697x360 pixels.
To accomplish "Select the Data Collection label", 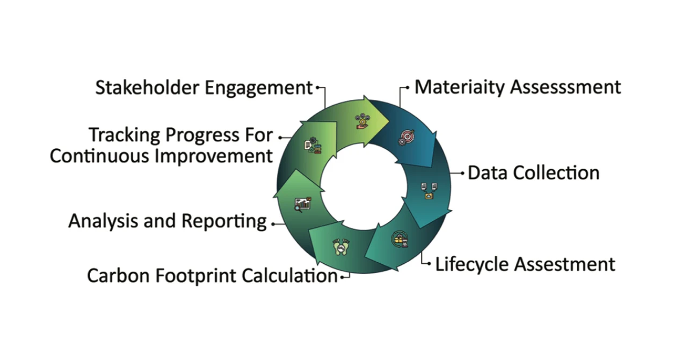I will click(533, 173).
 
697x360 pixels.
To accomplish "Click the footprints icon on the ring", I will click(339, 247).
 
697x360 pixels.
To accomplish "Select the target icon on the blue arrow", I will click(406, 138).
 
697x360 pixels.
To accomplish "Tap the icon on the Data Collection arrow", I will click(429, 191).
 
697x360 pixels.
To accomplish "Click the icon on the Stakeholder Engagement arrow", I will click(363, 120).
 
